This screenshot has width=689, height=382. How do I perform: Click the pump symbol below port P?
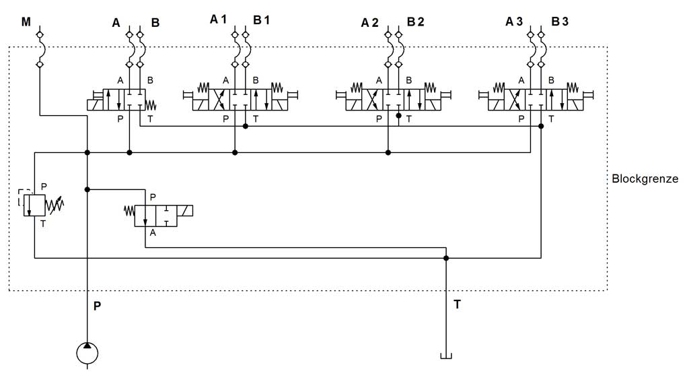(x=87, y=352)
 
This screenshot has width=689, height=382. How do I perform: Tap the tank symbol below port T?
(x=445, y=355)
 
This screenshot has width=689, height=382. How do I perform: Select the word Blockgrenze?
(x=645, y=179)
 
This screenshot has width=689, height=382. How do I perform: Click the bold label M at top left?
(x=26, y=22)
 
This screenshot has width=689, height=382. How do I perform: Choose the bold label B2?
(x=415, y=22)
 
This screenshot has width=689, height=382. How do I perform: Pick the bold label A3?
(x=514, y=22)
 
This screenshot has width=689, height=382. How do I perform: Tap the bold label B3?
(x=560, y=22)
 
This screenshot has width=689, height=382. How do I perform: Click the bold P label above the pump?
(x=98, y=306)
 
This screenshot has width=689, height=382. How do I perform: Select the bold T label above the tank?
(x=457, y=305)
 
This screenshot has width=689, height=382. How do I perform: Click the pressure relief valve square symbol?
(x=34, y=205)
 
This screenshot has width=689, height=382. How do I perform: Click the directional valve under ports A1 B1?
(x=240, y=100)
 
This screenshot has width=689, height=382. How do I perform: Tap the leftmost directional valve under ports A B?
(x=125, y=100)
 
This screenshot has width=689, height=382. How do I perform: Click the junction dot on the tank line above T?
(x=445, y=257)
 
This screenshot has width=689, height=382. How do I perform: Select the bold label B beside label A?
(x=155, y=22)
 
